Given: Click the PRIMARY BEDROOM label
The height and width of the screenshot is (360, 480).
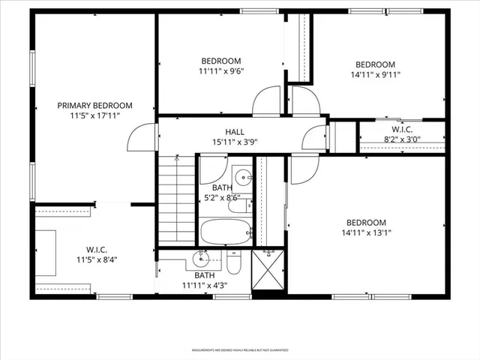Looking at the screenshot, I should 94,106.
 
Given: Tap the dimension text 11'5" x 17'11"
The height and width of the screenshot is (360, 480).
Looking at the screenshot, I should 94,116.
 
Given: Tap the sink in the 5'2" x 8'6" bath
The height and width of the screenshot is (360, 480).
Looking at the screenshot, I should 242,179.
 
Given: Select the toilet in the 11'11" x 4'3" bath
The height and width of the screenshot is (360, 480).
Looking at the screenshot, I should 233,265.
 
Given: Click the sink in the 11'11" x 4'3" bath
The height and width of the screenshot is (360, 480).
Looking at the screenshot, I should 200,260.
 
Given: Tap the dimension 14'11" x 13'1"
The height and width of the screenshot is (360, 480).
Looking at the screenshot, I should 365,232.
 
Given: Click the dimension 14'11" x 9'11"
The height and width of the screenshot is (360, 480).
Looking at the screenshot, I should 375,74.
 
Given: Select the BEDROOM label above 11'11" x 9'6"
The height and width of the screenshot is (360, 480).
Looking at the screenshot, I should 220,61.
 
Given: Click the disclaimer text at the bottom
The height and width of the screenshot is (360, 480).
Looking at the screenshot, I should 240,349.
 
